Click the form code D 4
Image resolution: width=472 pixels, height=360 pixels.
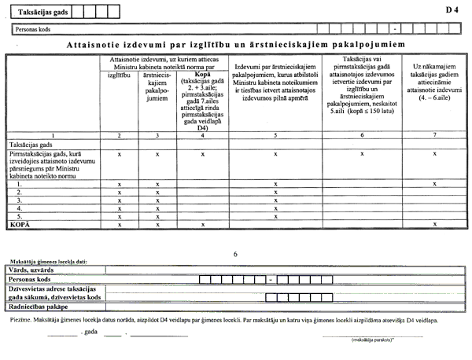point(451,11)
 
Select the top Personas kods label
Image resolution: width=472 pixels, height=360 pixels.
point(31,29)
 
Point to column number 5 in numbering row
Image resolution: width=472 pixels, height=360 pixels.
point(275,136)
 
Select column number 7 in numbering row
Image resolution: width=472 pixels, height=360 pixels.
point(435,136)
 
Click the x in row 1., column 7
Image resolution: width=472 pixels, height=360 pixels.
point(435,183)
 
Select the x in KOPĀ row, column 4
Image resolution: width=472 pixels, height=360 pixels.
point(203,224)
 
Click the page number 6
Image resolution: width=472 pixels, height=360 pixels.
point(237,254)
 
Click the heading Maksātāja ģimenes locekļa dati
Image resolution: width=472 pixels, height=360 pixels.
point(49,261)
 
